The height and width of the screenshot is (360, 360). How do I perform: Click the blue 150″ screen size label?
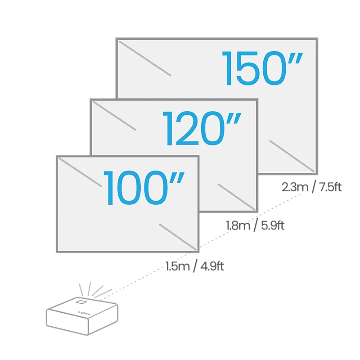262,68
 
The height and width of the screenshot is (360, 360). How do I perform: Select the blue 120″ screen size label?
202,128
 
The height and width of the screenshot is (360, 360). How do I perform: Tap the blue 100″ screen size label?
144,188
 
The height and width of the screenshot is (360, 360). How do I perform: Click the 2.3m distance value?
295,187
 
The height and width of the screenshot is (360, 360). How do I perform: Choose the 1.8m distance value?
238,225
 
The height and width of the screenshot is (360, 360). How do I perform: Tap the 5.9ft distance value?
273,225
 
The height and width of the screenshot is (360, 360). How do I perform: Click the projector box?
82,316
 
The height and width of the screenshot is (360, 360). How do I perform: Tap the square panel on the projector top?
81,301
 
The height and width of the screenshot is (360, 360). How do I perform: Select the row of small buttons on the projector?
84,313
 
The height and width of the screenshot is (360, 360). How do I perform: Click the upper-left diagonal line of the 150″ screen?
145,58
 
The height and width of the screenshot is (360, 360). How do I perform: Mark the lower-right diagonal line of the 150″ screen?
292,156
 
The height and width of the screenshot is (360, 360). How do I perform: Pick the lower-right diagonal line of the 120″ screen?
237,197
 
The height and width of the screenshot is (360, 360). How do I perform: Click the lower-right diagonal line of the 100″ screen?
178,237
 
